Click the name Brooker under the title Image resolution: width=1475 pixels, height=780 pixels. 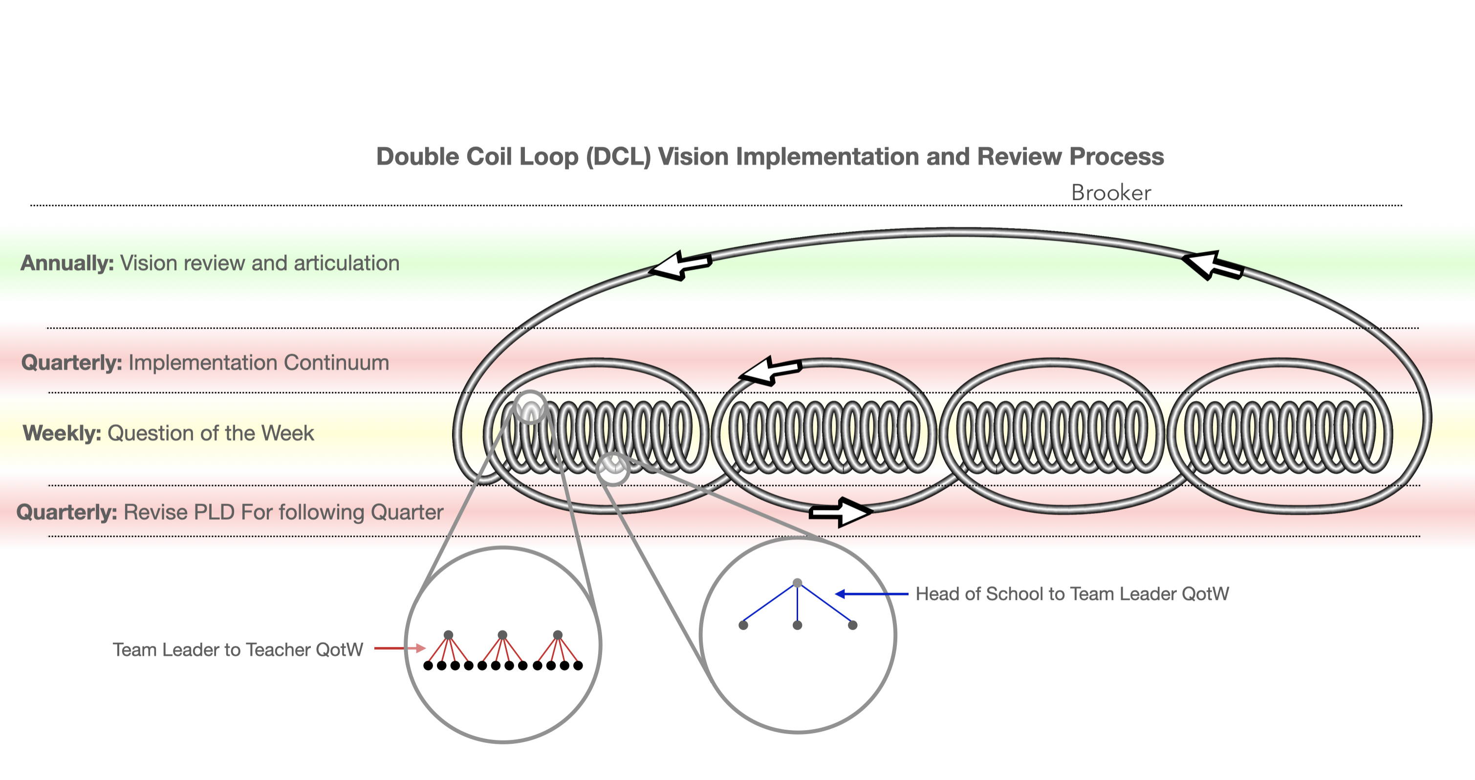[1110, 193]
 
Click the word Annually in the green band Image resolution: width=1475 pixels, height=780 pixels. [67, 263]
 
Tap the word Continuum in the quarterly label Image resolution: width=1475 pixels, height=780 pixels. [336, 363]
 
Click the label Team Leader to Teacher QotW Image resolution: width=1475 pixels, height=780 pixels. [238, 650]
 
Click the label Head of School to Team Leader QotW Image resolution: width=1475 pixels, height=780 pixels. [1072, 594]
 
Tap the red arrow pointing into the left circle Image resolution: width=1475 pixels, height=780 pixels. [400, 649]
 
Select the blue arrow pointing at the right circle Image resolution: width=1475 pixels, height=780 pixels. [871, 594]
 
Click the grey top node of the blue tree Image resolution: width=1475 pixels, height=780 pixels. [797, 583]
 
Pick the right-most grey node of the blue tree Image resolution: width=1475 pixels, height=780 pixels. [852, 625]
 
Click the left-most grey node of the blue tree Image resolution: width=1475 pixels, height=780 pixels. [743, 625]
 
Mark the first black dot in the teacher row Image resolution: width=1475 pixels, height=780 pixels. [428, 666]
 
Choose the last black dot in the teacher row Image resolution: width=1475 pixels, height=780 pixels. [578, 666]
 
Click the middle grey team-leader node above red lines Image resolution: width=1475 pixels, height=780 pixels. [502, 634]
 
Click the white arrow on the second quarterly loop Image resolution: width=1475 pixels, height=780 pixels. [770, 371]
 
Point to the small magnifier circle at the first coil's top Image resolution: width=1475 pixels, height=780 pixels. [531, 407]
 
